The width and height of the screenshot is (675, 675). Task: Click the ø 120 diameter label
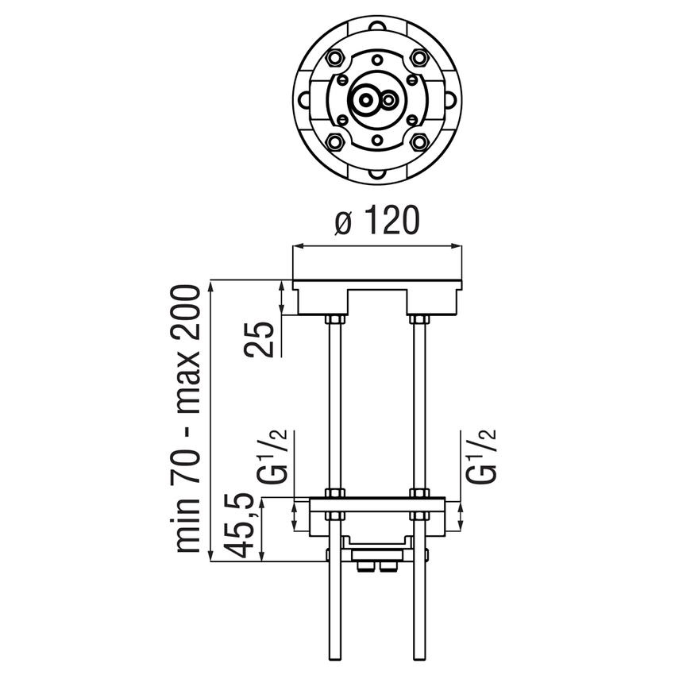click(376, 223)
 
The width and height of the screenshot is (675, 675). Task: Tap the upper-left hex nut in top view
click(334, 58)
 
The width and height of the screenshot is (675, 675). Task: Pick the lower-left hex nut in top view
click(334, 142)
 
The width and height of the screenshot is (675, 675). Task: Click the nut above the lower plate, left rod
click(334, 492)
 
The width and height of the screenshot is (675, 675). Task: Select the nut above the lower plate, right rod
click(418, 492)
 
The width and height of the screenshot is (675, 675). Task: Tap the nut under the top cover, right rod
click(418, 319)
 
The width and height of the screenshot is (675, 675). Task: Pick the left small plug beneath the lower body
click(367, 565)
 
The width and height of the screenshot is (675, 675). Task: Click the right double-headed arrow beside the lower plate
click(461, 515)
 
